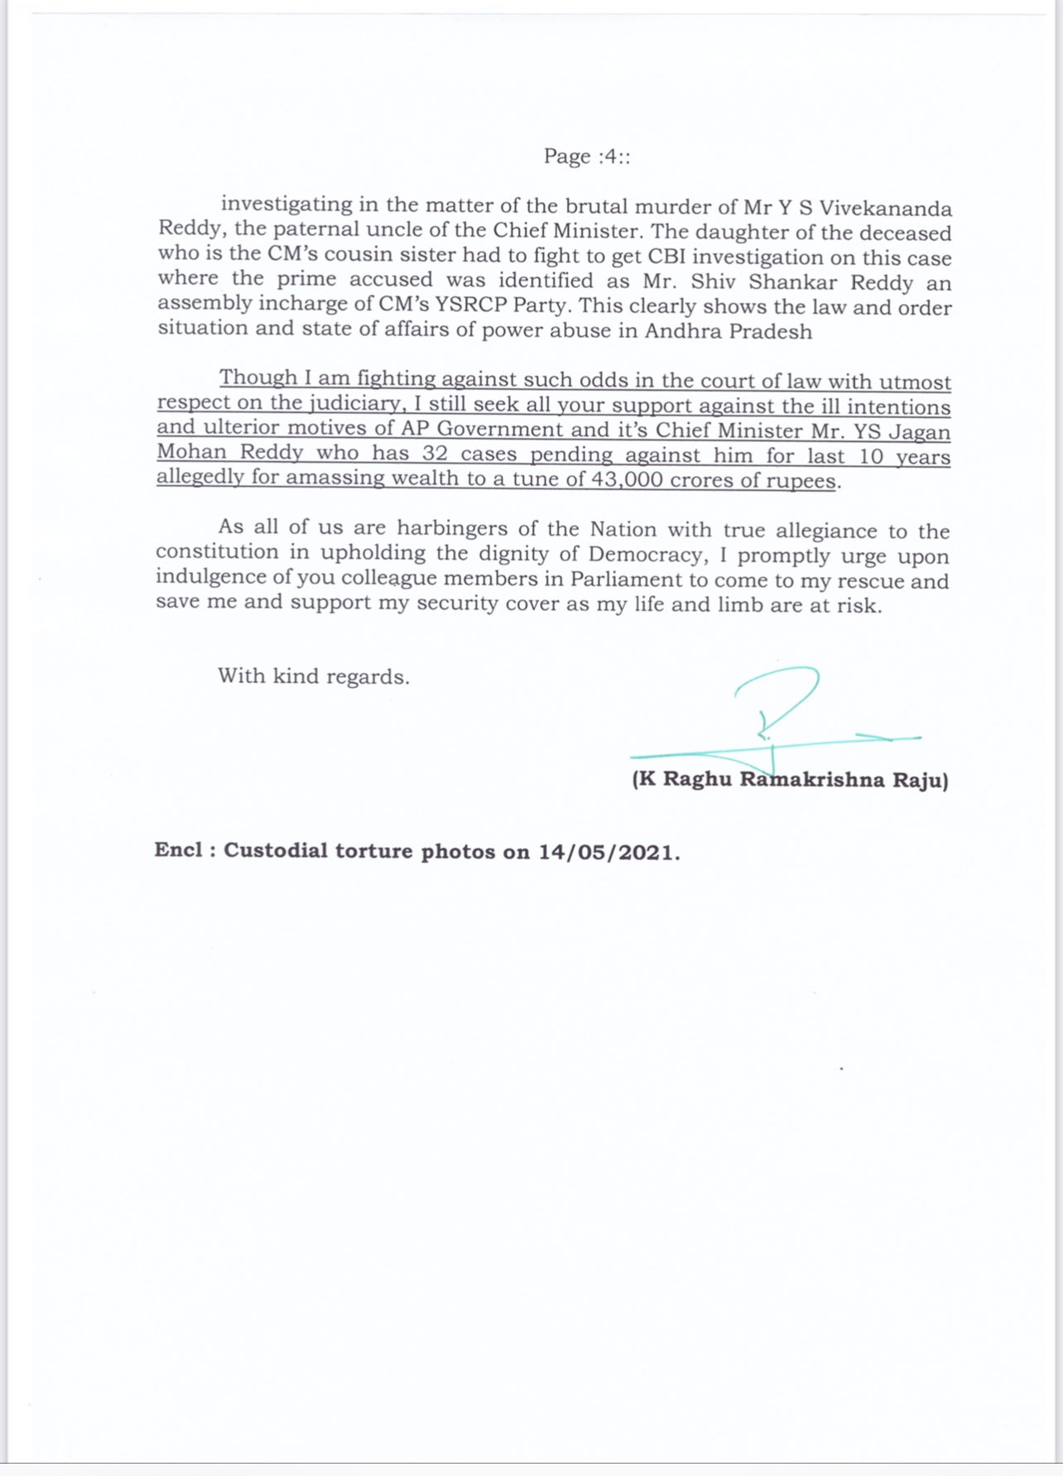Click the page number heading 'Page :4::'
coord(586,156)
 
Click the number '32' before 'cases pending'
coord(435,454)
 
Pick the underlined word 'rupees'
coord(803,481)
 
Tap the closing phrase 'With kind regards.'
coord(314,676)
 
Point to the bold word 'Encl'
coord(178,850)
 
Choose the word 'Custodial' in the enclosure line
coord(276,851)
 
